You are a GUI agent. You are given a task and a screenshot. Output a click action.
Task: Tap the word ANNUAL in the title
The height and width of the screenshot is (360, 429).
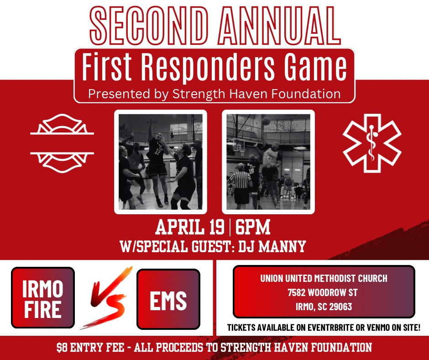point(279,26)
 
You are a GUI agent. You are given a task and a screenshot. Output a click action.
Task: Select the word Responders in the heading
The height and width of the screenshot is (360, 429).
point(208,68)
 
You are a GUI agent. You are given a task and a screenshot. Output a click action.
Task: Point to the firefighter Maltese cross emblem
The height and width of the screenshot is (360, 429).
point(62,143)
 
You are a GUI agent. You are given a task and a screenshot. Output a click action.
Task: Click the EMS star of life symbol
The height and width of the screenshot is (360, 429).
point(372,143)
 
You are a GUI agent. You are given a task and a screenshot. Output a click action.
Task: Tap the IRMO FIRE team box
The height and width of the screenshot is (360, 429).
point(43,298)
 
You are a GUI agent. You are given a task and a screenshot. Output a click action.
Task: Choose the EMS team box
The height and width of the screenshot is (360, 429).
point(168,299)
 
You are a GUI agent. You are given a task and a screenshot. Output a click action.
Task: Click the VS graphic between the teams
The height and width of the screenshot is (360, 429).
point(106,298)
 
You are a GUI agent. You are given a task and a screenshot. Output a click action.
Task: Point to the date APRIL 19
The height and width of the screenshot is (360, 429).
point(189,227)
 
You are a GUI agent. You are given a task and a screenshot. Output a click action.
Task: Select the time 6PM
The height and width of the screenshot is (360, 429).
point(252,227)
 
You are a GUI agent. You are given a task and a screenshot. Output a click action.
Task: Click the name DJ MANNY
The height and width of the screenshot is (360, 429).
point(272,246)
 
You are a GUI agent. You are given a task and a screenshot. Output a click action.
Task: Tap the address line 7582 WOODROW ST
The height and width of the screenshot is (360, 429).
point(323,292)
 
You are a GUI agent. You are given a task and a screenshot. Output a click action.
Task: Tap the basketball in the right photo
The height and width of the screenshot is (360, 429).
point(266,121)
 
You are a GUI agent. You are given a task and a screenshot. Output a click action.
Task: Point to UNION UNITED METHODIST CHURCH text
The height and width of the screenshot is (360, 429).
point(324,278)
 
